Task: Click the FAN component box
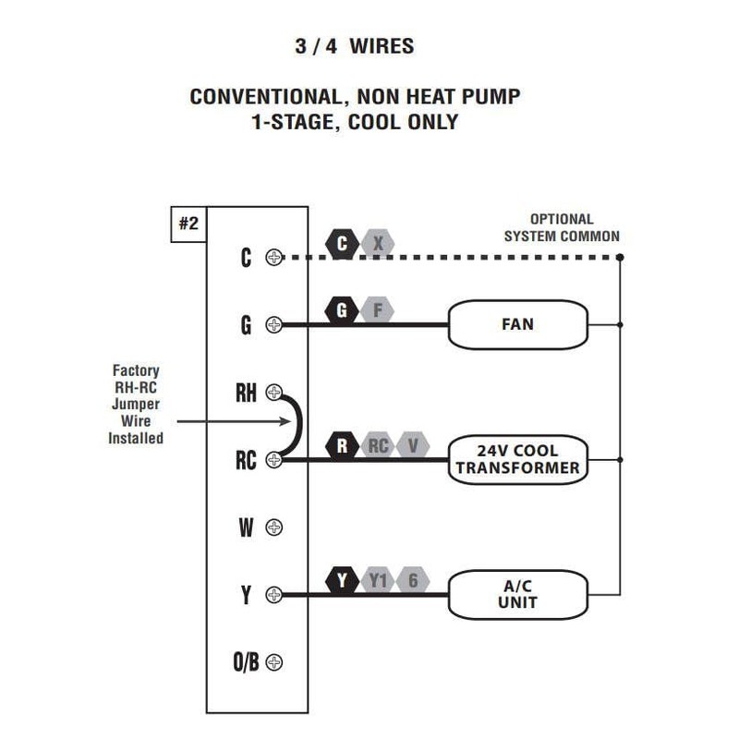pyautogui.click(x=517, y=324)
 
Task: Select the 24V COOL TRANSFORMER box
pyautogui.click(x=517, y=459)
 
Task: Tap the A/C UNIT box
pyautogui.click(x=517, y=594)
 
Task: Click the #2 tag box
pyautogui.click(x=188, y=224)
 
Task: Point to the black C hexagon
pyautogui.click(x=343, y=244)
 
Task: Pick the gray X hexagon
pyautogui.click(x=377, y=244)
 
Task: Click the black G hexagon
pyautogui.click(x=343, y=311)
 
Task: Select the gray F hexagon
pyautogui.click(x=377, y=311)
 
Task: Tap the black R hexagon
pyautogui.click(x=343, y=446)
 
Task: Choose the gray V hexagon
pyautogui.click(x=413, y=446)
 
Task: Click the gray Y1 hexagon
pyautogui.click(x=378, y=581)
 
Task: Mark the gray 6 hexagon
pyautogui.click(x=413, y=581)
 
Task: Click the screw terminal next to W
pyautogui.click(x=273, y=527)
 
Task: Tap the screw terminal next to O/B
pyautogui.click(x=273, y=662)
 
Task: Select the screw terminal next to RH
pyautogui.click(x=273, y=393)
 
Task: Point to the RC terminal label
pyautogui.click(x=245, y=459)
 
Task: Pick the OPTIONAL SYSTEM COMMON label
pyautogui.click(x=562, y=227)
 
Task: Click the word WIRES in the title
pyautogui.click(x=382, y=46)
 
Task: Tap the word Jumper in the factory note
pyautogui.click(x=136, y=404)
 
